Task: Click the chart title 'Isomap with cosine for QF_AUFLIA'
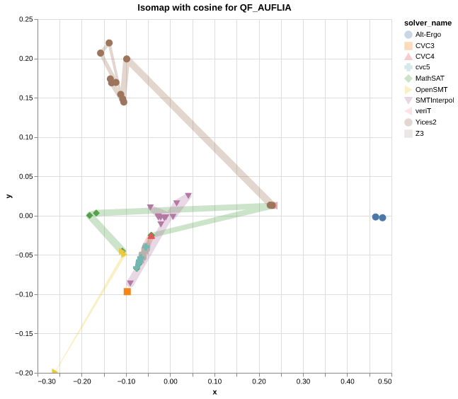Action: click(214, 8)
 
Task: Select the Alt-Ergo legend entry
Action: click(425, 34)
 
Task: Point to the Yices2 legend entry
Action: click(425, 122)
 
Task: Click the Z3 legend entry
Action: click(419, 133)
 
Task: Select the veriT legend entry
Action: click(423, 111)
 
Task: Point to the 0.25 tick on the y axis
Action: click(25, 20)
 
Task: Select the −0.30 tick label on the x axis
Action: click(47, 382)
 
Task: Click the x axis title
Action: click(214, 392)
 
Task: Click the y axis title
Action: click(8, 196)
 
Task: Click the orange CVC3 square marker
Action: click(127, 291)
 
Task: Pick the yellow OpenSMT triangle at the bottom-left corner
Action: click(55, 371)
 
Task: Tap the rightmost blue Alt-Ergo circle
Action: click(382, 218)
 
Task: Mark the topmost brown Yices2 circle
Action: click(109, 43)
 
